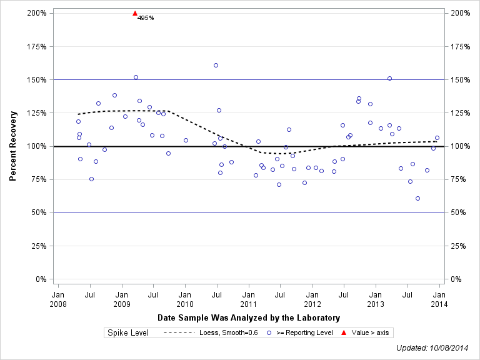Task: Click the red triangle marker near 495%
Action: (135, 13)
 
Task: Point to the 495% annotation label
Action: (146, 17)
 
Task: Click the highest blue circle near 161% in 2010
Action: (216, 65)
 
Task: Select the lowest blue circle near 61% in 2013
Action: (417, 198)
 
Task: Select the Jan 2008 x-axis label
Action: (57, 299)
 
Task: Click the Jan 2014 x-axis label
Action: (439, 299)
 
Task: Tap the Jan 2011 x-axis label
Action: (249, 299)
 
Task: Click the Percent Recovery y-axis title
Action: (12, 146)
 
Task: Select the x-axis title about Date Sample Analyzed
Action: (249, 317)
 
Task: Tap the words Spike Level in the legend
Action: (128, 332)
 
